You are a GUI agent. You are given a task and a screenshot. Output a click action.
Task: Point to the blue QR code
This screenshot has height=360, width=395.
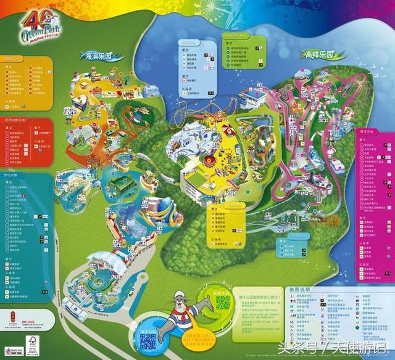pos(148,340)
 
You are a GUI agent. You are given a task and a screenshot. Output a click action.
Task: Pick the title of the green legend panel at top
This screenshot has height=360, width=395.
pos(239,36)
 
